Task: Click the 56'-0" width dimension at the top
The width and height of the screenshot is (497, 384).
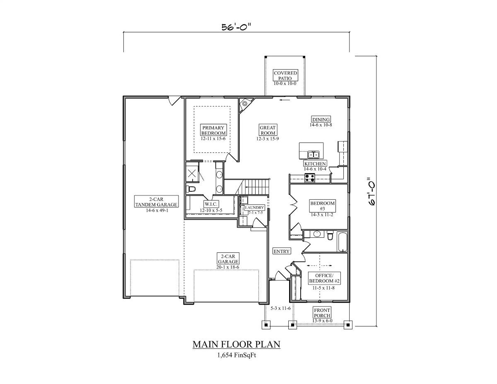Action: click(236, 27)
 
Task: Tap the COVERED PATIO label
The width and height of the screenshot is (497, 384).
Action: click(285, 76)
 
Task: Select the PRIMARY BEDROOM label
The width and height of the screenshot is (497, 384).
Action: click(213, 130)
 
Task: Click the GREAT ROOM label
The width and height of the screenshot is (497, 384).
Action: click(268, 130)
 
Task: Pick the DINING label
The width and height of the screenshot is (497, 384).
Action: click(321, 120)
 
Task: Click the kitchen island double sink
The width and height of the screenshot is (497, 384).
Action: click(314, 155)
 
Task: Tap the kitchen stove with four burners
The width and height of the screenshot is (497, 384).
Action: click(309, 178)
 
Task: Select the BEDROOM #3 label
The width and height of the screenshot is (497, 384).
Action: click(323, 206)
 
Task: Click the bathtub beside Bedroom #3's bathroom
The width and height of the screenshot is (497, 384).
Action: click(342, 242)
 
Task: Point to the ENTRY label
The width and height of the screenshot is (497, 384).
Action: click(281, 251)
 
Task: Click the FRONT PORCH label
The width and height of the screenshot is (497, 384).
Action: click(322, 313)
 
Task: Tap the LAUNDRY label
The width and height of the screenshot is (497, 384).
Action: click(254, 208)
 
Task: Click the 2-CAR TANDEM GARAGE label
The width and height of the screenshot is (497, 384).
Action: click(156, 202)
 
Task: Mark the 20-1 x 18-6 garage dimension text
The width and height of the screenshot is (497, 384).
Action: click(228, 268)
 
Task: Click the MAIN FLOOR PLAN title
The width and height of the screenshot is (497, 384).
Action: click(236, 344)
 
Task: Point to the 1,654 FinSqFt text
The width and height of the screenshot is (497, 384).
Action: click(236, 355)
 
